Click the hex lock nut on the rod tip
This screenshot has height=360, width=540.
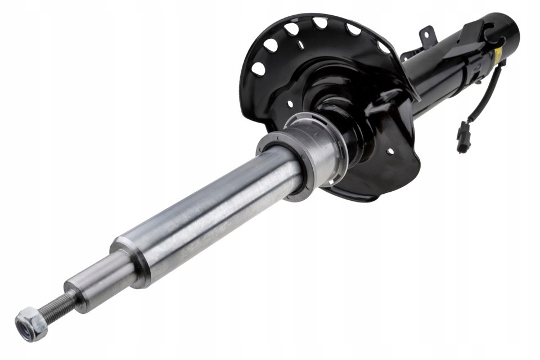[31, 324]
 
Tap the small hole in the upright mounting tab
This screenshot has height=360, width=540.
[427, 34]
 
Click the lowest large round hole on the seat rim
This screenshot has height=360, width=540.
[258, 69]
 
